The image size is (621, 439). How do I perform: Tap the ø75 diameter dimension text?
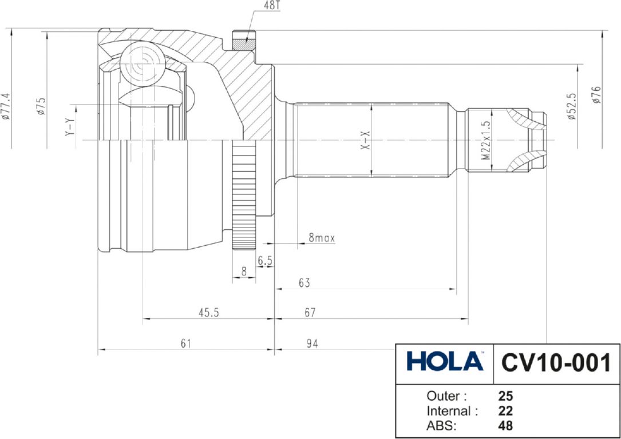[x=42, y=106]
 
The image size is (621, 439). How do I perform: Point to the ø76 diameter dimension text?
[x=596, y=94]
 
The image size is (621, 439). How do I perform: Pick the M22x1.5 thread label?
[x=486, y=139]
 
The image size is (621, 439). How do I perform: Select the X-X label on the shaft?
[x=366, y=139]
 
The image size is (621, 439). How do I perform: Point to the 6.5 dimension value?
[x=264, y=261]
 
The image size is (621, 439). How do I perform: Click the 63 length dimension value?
[x=304, y=282]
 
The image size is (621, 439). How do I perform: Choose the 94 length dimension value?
[x=311, y=343]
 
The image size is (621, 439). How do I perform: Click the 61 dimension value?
[x=185, y=343]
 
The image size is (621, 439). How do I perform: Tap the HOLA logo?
[x=445, y=362]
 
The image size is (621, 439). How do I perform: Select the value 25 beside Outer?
[x=505, y=396]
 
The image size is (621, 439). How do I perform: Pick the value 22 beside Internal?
[x=505, y=411]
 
